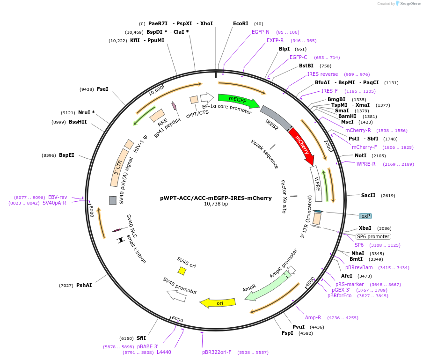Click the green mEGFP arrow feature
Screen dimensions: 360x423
(241, 100)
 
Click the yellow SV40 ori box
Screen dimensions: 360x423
(182, 271)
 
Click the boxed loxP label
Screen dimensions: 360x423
(365, 216)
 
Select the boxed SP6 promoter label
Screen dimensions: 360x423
(373, 236)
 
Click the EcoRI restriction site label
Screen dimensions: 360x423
(241, 23)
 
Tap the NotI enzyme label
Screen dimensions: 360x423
(360, 155)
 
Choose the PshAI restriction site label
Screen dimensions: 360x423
(84, 285)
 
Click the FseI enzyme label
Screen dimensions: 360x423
(102, 89)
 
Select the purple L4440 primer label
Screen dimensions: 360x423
(164, 352)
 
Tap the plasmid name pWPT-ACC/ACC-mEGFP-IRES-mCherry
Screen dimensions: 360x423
(216, 198)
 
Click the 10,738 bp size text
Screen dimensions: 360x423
(216, 204)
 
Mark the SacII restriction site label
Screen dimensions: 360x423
(368, 195)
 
